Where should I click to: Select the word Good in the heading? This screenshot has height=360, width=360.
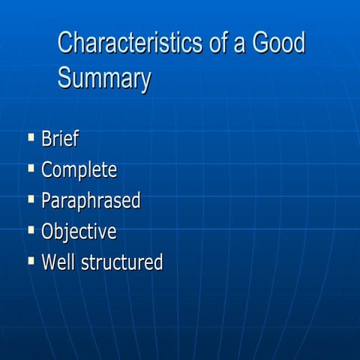279,43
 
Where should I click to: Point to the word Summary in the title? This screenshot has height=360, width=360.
104,78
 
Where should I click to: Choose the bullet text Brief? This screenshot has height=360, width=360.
60,139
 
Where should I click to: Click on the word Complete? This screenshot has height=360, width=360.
79,170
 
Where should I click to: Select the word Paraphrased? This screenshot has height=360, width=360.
91,201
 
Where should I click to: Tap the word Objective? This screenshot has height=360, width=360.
79,232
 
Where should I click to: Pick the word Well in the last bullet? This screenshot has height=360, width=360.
57,262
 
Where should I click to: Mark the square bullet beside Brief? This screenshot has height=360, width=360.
31,137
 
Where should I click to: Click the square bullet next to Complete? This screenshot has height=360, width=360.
31,168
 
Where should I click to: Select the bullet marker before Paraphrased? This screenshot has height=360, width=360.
31,199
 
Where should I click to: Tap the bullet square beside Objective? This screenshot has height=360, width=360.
31,229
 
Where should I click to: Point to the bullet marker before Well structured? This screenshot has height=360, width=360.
31,260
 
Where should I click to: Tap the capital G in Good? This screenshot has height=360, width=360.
260,43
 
